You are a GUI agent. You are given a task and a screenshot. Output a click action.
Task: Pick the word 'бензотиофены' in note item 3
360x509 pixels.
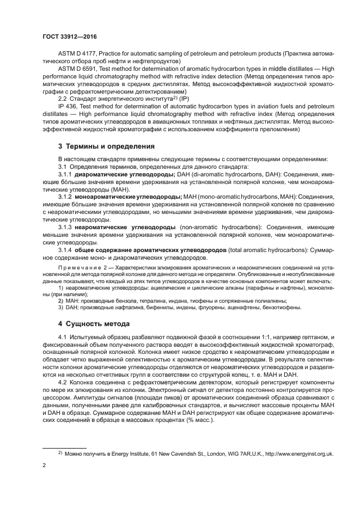pyautogui.click(x=279, y=308)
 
